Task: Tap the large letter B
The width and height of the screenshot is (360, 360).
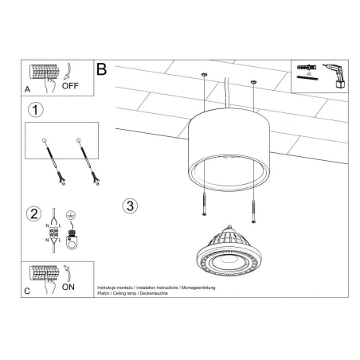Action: click(x=101, y=69)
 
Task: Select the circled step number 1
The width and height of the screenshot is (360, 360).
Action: click(x=34, y=109)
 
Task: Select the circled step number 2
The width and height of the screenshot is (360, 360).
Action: click(x=34, y=213)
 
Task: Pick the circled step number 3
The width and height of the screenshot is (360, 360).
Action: click(x=131, y=205)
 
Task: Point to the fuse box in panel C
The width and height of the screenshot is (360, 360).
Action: click(x=44, y=273)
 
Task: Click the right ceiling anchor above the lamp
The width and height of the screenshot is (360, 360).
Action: click(x=254, y=83)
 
